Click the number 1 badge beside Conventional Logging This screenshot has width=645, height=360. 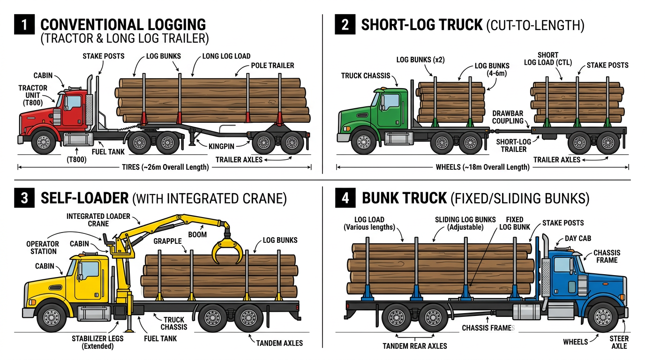pos(24,25)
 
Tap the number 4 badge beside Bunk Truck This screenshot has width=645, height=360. pos(345,198)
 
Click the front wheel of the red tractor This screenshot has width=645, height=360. pos(44,142)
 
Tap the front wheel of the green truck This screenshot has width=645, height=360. pos(363,142)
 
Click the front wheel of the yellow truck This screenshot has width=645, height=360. pos(51,317)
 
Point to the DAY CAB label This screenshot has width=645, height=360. pos(577,239)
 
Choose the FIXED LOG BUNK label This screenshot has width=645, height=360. pos(514,223)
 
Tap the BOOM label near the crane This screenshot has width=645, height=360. pos(197,234)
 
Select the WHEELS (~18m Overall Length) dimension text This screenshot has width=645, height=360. pos(482,167)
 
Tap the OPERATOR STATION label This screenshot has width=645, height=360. pos(42,247)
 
